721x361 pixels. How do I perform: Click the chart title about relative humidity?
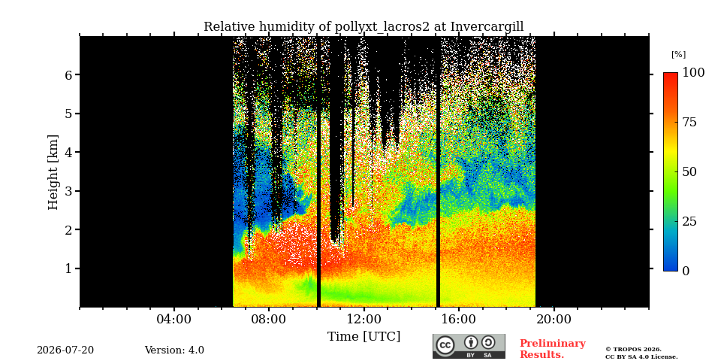pyautogui.click(x=364, y=27)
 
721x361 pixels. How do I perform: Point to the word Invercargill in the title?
pyautogui.click(x=487, y=27)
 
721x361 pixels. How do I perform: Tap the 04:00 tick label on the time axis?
pyautogui.click(x=173, y=320)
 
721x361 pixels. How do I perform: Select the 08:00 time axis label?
pyautogui.click(x=269, y=320)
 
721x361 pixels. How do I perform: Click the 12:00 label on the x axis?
pyautogui.click(x=364, y=320)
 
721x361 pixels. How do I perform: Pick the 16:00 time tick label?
pyautogui.click(x=458, y=320)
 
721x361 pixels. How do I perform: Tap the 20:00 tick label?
pyautogui.click(x=554, y=320)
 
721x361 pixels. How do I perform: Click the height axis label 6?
pyautogui.click(x=68, y=74)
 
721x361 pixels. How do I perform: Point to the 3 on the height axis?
pyautogui.click(x=68, y=190)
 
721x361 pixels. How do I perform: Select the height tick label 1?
pyautogui.click(x=68, y=268)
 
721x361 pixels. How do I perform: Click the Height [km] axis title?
pyautogui.click(x=53, y=172)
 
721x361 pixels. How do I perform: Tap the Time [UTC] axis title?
pyautogui.click(x=364, y=337)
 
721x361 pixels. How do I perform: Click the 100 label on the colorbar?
pyautogui.click(x=693, y=73)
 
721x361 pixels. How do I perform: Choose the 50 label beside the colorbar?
pyautogui.click(x=689, y=171)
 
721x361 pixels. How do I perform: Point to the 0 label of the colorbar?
pyautogui.click(x=686, y=272)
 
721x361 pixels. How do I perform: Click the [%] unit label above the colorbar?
pyautogui.click(x=678, y=54)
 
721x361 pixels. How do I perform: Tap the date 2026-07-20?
pyautogui.click(x=65, y=350)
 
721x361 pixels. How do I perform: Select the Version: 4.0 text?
pyautogui.click(x=174, y=350)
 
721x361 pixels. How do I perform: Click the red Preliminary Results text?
pyautogui.click(x=552, y=349)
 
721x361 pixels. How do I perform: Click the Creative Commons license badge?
pyautogui.click(x=469, y=346)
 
